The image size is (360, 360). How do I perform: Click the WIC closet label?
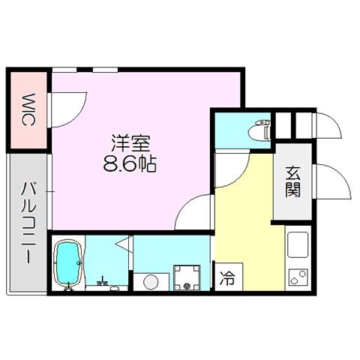28,110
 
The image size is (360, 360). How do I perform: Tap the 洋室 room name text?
130,143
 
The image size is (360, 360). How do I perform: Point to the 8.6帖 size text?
130,164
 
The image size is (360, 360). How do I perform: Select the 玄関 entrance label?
292,181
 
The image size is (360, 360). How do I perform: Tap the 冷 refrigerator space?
228,278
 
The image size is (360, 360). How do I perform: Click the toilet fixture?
260,130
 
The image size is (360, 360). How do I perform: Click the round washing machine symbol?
151,282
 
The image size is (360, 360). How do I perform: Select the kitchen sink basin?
298,244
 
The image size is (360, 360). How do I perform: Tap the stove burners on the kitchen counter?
298,277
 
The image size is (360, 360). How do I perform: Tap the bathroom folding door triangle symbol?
124,243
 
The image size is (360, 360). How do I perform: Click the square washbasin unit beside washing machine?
187,278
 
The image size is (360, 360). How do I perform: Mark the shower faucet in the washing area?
103,282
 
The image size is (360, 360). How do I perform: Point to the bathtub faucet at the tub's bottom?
68,286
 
